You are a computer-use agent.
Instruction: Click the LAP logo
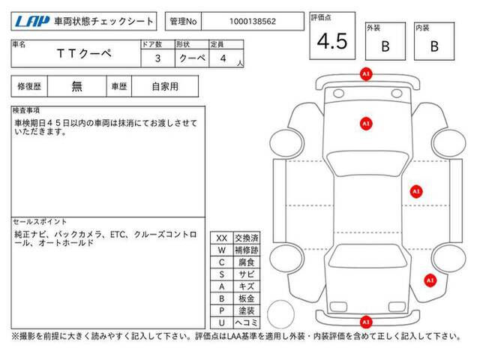(32, 21)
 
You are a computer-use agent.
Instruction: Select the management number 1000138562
(253, 22)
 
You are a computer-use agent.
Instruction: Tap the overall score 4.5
(332, 41)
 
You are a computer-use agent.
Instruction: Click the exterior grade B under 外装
(385, 46)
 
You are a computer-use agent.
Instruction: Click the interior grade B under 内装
(434, 46)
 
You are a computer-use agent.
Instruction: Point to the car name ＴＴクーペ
(84, 53)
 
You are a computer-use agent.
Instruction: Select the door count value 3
(157, 58)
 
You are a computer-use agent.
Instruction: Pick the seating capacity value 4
(223, 58)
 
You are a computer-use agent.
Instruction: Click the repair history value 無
(76, 86)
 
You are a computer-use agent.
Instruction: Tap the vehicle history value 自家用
(165, 87)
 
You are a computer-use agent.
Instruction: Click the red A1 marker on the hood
(366, 124)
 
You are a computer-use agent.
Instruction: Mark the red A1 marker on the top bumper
(366, 73)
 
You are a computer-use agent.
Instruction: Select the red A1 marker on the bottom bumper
(366, 322)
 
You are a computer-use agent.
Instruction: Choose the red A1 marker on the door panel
(416, 192)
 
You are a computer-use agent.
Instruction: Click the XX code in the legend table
(222, 238)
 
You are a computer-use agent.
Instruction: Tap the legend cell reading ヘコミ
(247, 322)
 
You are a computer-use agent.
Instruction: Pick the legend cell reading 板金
(247, 298)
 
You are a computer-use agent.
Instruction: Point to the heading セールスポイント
(40, 222)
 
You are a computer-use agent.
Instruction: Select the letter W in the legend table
(222, 250)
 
